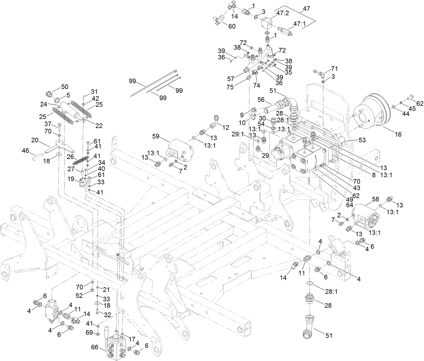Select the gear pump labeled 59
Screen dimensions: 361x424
[x=179, y=150]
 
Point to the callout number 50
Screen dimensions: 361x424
[x=65, y=87]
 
